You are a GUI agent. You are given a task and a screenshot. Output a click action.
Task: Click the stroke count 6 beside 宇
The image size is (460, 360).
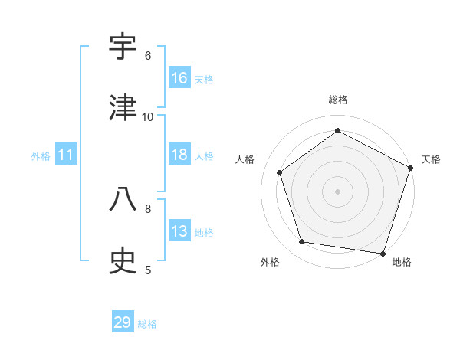(x=148, y=55)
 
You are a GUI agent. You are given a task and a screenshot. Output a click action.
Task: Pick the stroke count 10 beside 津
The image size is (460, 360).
(x=148, y=116)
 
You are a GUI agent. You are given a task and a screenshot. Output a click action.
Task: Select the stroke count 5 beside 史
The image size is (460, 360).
(x=148, y=269)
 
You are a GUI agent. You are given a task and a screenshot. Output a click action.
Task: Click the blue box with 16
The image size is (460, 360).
(x=179, y=78)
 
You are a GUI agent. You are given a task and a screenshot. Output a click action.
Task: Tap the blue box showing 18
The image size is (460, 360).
(x=179, y=155)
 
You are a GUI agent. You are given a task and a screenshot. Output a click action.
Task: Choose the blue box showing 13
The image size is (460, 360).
(x=179, y=231)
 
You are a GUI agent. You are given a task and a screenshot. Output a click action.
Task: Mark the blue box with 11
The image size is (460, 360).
(x=66, y=155)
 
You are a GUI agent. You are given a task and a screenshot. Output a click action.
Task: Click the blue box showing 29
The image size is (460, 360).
(x=123, y=322)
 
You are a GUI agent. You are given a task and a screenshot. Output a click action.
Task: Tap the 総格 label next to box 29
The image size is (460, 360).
(x=147, y=324)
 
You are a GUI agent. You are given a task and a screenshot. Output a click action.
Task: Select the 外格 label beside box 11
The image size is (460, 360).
(x=41, y=156)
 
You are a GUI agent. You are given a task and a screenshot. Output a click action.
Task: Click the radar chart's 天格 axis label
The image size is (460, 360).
(x=431, y=159)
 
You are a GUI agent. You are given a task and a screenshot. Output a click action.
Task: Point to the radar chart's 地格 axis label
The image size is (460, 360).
(x=402, y=262)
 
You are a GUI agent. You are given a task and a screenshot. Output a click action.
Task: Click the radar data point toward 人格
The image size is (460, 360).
(x=280, y=172)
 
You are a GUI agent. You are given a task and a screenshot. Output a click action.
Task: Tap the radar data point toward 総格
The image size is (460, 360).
(x=337, y=130)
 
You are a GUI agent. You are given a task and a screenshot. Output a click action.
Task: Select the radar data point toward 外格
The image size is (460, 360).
(x=302, y=242)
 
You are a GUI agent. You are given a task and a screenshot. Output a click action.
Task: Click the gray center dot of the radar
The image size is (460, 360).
(x=337, y=191)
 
